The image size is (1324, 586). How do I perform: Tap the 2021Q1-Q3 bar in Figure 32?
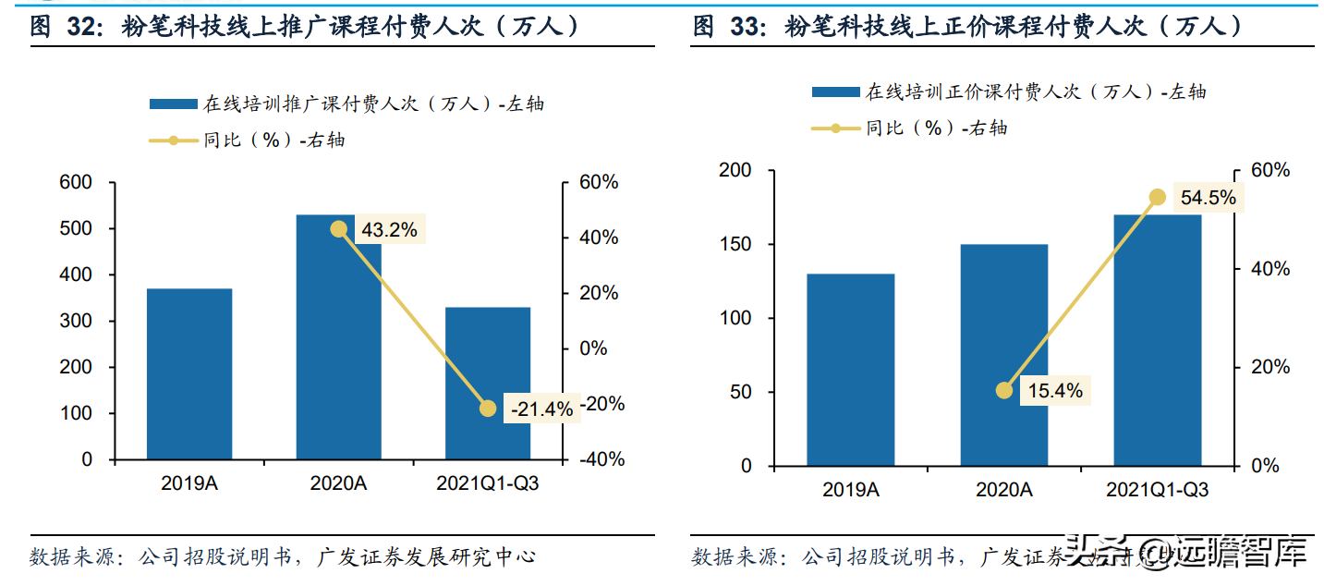tap(488, 383)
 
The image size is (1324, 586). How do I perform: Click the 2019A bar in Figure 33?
tap(850, 370)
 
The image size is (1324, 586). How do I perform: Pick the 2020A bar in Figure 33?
tap(1004, 355)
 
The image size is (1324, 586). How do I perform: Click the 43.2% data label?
tap(388, 230)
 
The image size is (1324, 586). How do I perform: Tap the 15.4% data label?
tap(1054, 391)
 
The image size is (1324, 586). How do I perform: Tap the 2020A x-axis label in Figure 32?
tap(338, 484)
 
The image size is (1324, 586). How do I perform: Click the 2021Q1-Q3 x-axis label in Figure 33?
tap(1157, 490)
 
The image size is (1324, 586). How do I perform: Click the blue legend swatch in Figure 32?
tap(173, 104)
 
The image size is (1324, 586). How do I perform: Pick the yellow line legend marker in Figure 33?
tap(835, 128)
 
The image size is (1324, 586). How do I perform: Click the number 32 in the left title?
tap(81, 26)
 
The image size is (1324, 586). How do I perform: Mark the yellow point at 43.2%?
tap(339, 229)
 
